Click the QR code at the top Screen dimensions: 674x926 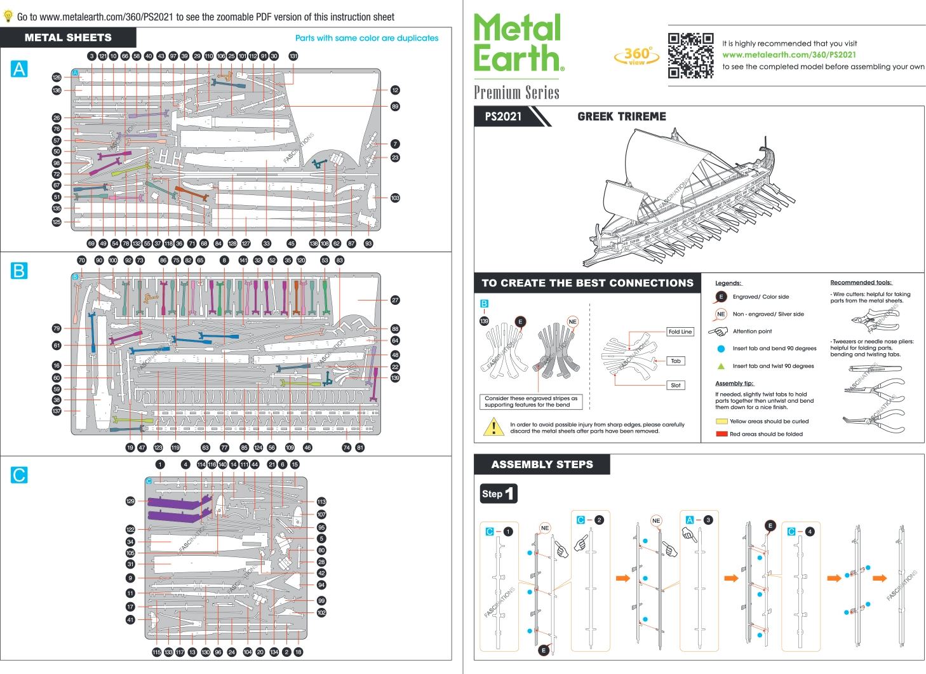(690, 55)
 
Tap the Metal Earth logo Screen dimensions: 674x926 (518, 43)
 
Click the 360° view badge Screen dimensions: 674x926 (636, 56)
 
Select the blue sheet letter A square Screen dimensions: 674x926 (19, 69)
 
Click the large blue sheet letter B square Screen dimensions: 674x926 (19, 271)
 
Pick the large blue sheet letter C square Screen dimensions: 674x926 (19, 475)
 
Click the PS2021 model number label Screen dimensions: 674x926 (503, 116)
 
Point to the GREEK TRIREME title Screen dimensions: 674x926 (621, 116)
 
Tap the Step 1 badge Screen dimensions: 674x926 (499, 494)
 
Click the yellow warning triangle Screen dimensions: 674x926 (493, 427)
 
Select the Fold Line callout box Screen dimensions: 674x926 (680, 332)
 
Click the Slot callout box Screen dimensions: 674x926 (675, 385)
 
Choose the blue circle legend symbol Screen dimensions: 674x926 (721, 349)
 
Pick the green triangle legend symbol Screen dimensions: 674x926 (721, 366)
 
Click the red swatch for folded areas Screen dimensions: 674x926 (721, 434)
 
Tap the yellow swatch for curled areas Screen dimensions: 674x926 (721, 421)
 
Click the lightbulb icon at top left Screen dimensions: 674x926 (8, 17)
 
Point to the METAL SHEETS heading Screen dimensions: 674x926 (68, 37)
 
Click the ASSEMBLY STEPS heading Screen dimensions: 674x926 (542, 464)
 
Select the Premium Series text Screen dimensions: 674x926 (516, 93)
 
